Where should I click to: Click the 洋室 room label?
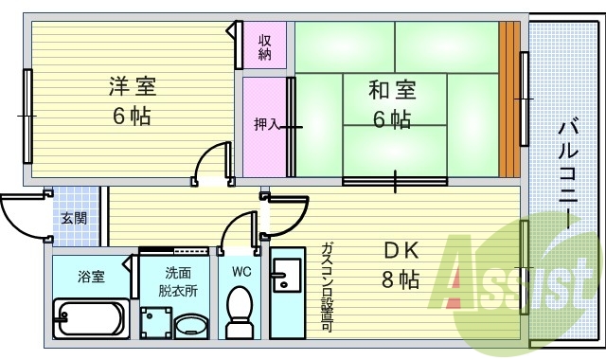pyautogui.click(x=133, y=86)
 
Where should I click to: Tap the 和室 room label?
pyautogui.click(x=392, y=90)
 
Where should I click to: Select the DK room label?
pyautogui.click(x=401, y=250)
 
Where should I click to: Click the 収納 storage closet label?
pyautogui.click(x=265, y=47)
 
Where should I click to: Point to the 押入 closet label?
pyautogui.click(x=266, y=124)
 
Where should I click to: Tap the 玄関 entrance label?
pyautogui.click(x=74, y=219)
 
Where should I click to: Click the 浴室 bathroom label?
pyautogui.click(x=91, y=277)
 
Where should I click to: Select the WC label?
pyautogui.click(x=241, y=272)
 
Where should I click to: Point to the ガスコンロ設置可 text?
pyautogui.click(x=328, y=287)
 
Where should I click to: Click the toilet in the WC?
pyautogui.click(x=240, y=313)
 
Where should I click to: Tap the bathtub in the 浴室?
pyautogui.click(x=91, y=318)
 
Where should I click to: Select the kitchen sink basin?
pyautogui.click(x=286, y=275)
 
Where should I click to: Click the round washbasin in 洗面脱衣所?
pyautogui.click(x=191, y=325)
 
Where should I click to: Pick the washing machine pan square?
pyautogui.click(x=156, y=323)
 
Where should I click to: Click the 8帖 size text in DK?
pyautogui.click(x=401, y=279)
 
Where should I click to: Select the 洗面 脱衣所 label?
pyautogui.click(x=178, y=282)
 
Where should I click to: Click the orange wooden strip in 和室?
pyautogui.click(x=509, y=99)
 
